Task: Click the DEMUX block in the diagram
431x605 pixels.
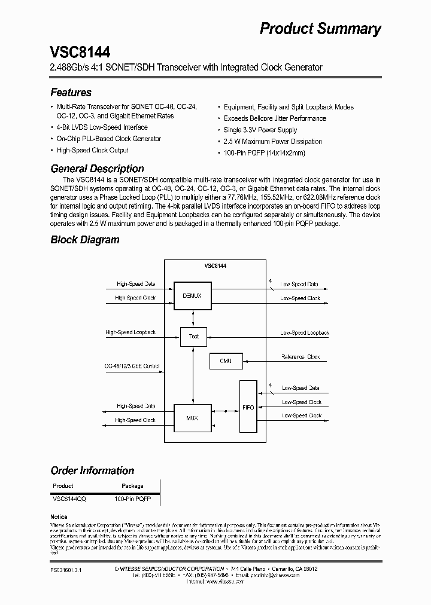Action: (x=193, y=295)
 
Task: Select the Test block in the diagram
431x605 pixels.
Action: (x=193, y=336)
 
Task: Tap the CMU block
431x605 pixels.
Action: (x=225, y=360)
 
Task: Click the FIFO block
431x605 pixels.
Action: (x=248, y=407)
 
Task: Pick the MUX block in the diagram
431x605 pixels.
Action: (x=192, y=418)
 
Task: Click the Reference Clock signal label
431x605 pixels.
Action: (x=301, y=357)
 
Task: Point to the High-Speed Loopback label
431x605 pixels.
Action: (x=130, y=332)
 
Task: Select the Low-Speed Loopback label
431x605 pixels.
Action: (x=305, y=332)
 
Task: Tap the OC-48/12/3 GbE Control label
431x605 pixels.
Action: (x=132, y=366)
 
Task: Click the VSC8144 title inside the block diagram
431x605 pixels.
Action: (x=215, y=265)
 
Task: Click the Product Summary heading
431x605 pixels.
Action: (x=320, y=29)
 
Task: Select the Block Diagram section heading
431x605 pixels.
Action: (x=85, y=240)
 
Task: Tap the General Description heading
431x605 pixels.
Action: (x=97, y=169)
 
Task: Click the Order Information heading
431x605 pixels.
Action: (x=92, y=470)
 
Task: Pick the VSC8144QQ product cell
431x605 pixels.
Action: (x=69, y=497)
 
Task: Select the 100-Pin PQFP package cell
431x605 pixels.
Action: (x=133, y=497)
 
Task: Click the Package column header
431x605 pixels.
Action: (x=132, y=486)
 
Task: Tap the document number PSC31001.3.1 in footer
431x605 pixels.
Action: (x=66, y=570)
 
